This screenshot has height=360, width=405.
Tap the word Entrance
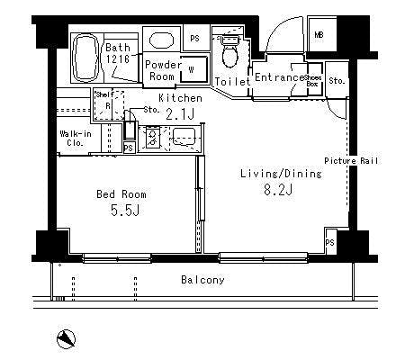279,79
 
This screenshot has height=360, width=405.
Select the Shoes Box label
314,81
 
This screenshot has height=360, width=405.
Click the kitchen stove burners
151,138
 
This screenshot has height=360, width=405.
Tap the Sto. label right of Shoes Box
336,81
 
